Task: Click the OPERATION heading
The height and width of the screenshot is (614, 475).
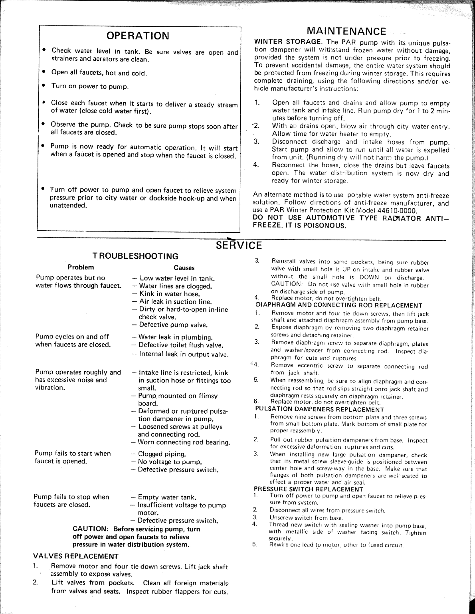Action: tap(138, 36)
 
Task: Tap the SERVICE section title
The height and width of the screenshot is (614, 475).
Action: tap(239, 245)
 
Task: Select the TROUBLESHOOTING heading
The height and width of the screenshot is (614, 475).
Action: tap(135, 256)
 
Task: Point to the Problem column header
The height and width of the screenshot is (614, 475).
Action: tap(81, 267)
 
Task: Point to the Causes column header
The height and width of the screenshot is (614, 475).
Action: tap(184, 268)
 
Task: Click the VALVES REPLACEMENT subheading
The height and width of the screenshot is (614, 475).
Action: tap(75, 556)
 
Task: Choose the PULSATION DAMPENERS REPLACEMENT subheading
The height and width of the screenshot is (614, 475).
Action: tap(319, 409)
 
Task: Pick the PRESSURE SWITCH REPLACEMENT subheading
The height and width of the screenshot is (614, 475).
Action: tap(309, 489)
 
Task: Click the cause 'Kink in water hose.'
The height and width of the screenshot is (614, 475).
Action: tap(169, 294)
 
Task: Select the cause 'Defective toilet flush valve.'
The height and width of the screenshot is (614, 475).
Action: tap(180, 345)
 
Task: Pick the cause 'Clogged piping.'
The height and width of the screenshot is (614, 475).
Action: tap(162, 454)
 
